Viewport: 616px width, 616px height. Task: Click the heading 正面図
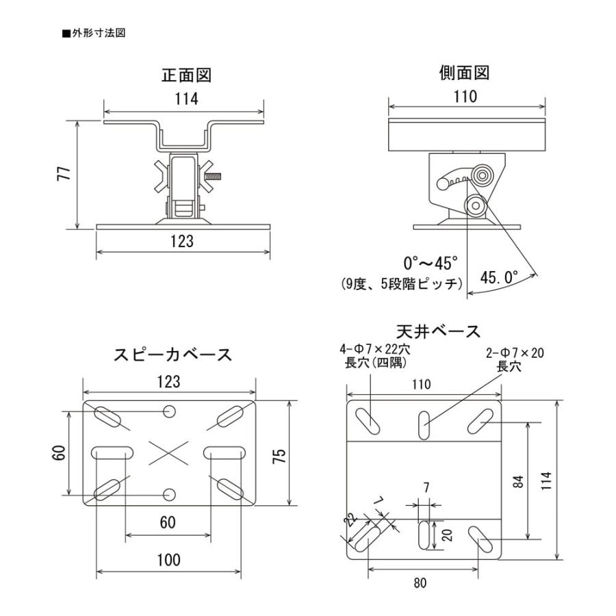[x=185, y=75]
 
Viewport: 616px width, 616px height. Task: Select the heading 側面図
[x=465, y=73]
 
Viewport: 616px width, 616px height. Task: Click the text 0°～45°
[x=429, y=262]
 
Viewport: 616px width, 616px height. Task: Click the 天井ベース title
[x=438, y=332]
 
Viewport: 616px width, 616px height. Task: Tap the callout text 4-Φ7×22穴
[x=370, y=350]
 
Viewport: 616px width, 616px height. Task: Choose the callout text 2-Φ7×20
[x=515, y=353]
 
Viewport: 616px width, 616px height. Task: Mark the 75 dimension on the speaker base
[x=279, y=454]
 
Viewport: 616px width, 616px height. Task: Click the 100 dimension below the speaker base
[x=168, y=559]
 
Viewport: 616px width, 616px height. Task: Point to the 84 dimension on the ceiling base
[x=518, y=480]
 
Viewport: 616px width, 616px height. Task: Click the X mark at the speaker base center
[x=168, y=452]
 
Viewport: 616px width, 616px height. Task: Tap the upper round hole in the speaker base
[x=169, y=411]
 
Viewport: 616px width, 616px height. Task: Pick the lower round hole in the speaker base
[x=169, y=494]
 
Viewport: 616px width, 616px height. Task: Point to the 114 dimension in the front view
[x=185, y=98]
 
